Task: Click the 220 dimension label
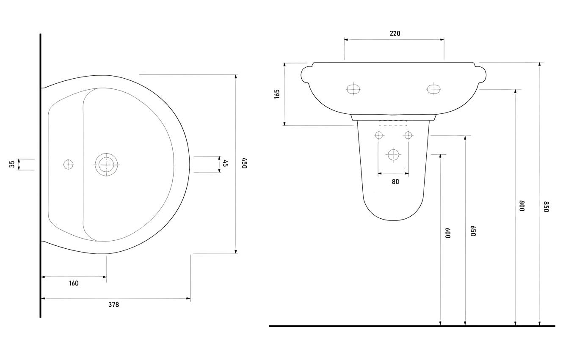[x=395, y=33]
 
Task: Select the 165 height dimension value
[x=277, y=94]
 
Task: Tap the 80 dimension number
[x=395, y=181]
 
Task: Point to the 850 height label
[x=546, y=206]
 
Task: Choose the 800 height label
[x=522, y=206]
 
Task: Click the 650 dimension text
[x=473, y=231]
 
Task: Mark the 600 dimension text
[x=448, y=233]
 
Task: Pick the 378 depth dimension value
[x=113, y=305]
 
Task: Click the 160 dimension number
[x=74, y=283]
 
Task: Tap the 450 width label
[x=245, y=163]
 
